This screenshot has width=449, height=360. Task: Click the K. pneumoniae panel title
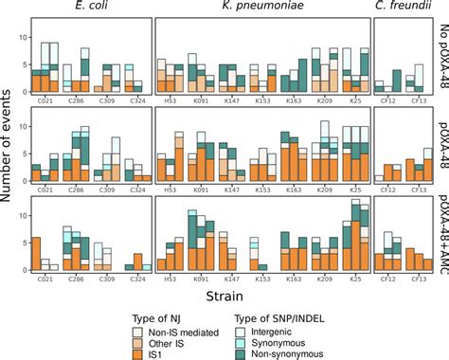(260, 9)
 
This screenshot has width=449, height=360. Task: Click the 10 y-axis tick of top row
(22, 37)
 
